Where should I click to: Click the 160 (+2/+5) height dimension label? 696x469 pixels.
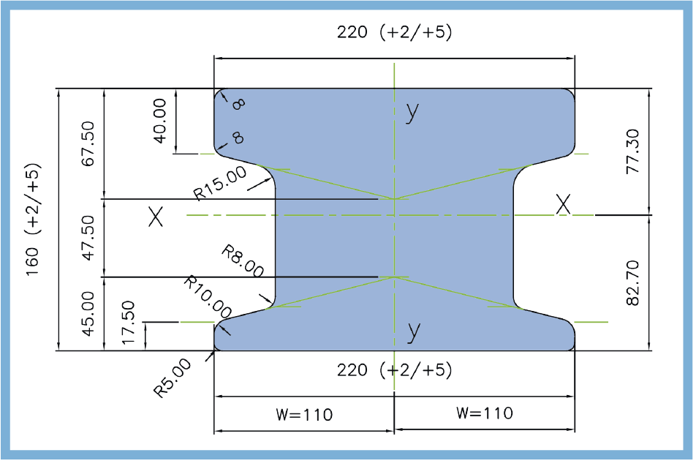(x=34, y=220)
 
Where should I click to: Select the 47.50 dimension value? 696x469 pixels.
(x=89, y=238)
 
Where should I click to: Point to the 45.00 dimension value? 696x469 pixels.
(x=89, y=313)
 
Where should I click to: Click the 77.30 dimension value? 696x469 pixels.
(x=633, y=151)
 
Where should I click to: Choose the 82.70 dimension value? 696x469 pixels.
(x=633, y=282)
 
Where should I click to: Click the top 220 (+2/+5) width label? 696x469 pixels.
(x=395, y=32)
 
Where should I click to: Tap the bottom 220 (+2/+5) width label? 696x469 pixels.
(x=395, y=369)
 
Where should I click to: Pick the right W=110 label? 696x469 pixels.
(x=484, y=413)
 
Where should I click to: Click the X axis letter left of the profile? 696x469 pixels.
(x=155, y=217)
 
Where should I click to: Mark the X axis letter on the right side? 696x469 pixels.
(x=562, y=205)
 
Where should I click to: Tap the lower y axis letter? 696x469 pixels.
(x=414, y=331)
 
